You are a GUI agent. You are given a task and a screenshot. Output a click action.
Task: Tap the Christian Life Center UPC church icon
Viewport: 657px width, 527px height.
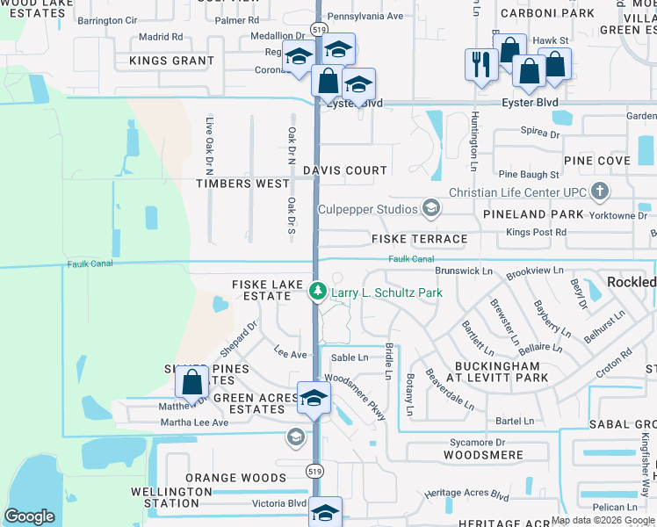tap(599, 191)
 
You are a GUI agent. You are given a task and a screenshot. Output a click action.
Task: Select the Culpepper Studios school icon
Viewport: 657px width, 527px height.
tap(430, 208)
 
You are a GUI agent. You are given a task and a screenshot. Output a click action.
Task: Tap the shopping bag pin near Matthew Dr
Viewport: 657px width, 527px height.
tap(192, 384)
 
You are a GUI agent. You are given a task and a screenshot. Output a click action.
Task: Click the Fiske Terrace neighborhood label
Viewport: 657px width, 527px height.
tap(420, 239)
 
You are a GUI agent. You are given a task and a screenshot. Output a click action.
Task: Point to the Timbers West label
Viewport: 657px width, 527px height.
tap(242, 184)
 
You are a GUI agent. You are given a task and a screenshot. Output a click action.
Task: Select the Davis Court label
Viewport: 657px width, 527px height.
tap(345, 170)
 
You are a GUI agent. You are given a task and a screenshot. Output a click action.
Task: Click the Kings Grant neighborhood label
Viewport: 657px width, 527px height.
tap(171, 61)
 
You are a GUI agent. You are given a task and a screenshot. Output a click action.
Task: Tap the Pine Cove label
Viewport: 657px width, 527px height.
tap(597, 161)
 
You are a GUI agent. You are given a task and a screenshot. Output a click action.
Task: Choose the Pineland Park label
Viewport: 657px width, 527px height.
tap(533, 214)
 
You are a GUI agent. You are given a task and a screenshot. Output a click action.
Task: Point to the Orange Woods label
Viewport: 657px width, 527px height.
tap(235, 478)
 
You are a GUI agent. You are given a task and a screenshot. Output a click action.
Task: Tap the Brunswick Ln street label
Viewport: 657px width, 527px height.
tap(464, 271)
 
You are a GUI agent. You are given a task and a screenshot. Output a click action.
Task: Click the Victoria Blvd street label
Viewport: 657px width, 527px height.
tap(279, 504)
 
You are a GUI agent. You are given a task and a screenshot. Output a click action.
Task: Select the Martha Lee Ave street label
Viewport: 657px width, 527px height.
tap(194, 422)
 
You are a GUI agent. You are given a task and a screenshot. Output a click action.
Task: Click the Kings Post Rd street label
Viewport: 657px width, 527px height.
tap(537, 232)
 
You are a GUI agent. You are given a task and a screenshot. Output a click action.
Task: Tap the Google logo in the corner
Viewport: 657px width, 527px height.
tap(29, 516)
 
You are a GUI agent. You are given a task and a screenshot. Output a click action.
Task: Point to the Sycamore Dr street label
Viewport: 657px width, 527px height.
tap(477, 444)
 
